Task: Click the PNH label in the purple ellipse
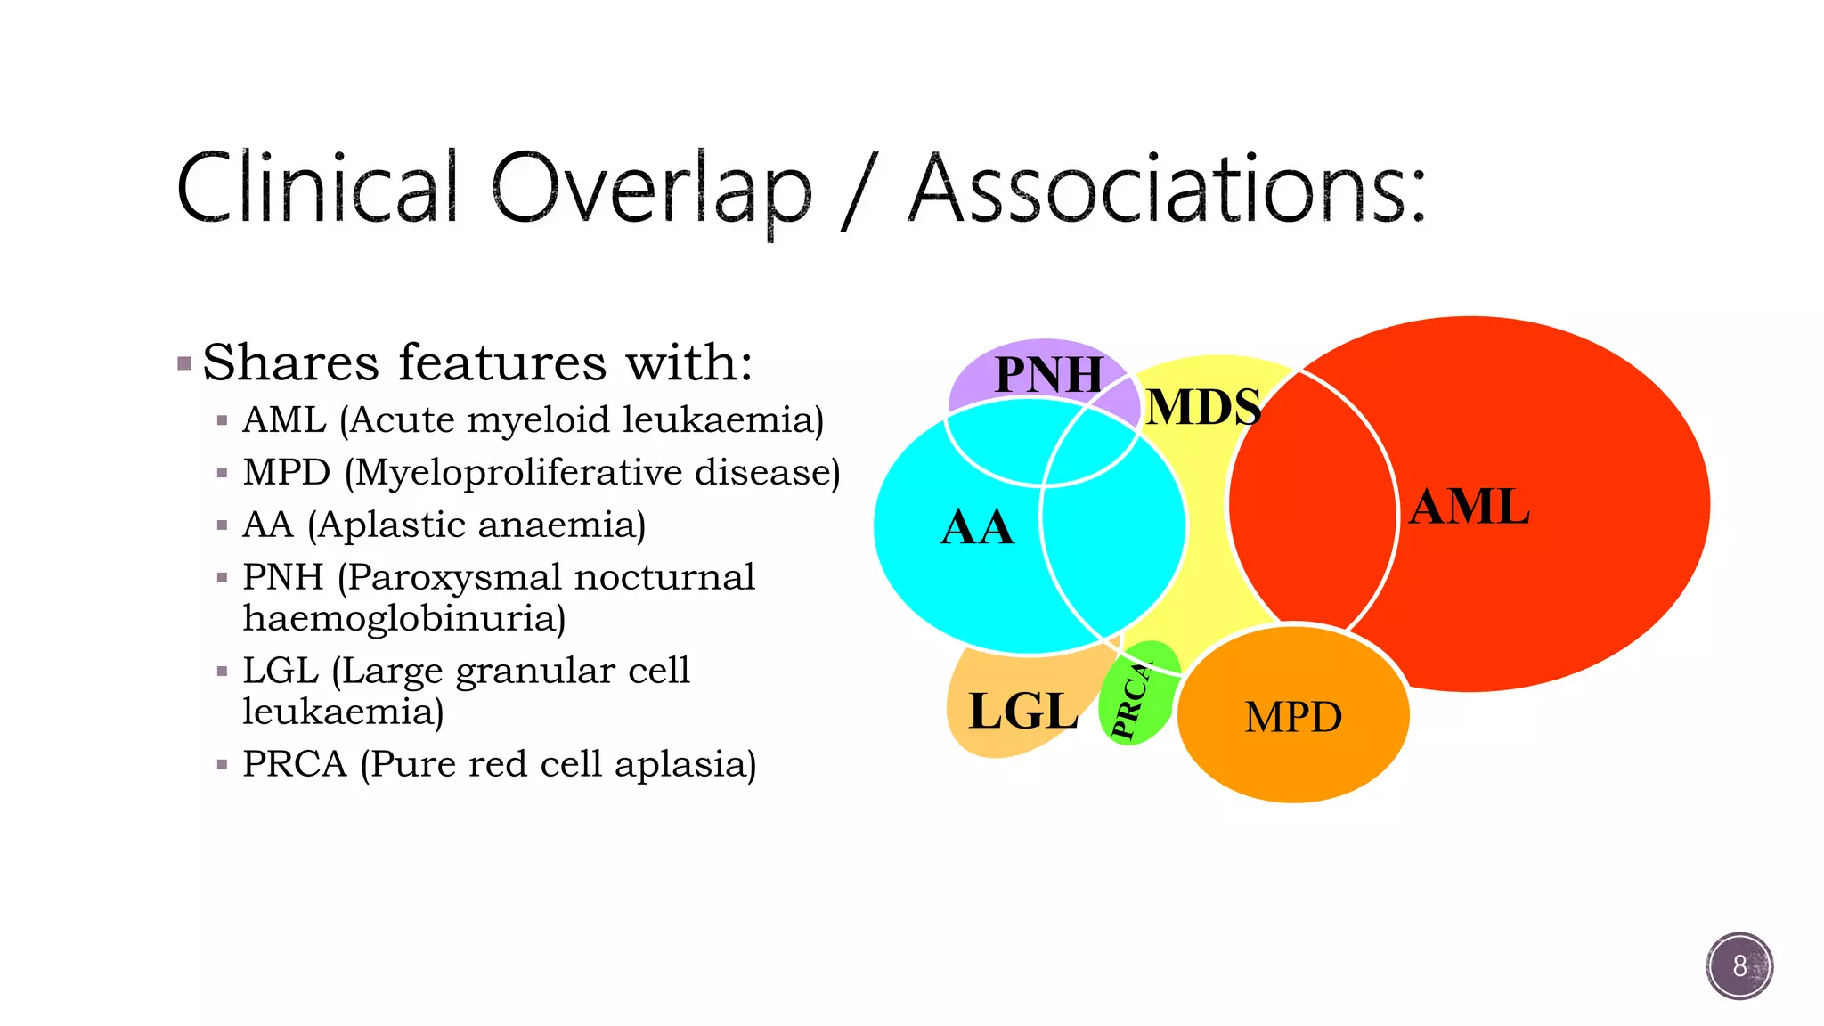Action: point(1048,374)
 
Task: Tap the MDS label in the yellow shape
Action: point(1202,407)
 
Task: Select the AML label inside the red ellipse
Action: point(1469,507)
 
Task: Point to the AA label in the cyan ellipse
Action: point(977,527)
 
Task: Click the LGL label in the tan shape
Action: point(1022,711)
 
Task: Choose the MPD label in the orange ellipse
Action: point(1292,717)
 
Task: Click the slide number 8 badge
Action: point(1738,965)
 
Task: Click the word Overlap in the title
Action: point(651,189)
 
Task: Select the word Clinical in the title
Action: point(317,189)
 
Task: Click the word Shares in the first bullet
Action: point(291,362)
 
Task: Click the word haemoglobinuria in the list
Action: point(403,618)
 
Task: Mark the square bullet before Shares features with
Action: point(184,363)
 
